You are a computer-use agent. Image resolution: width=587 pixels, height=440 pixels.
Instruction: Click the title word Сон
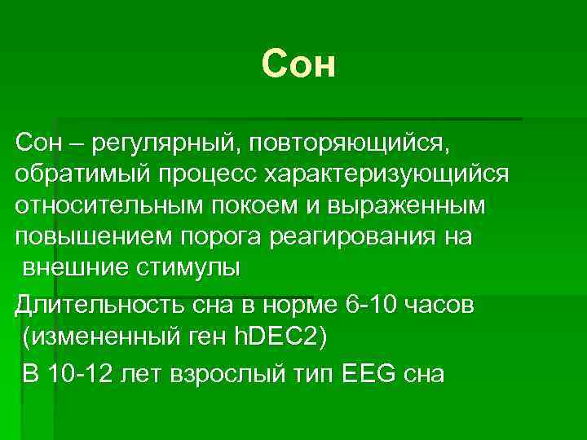point(298,65)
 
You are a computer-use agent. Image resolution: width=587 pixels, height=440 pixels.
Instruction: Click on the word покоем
point(232,206)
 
